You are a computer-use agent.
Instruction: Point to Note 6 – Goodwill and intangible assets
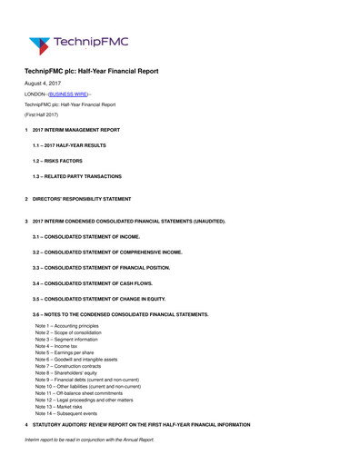tap(83, 360)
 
